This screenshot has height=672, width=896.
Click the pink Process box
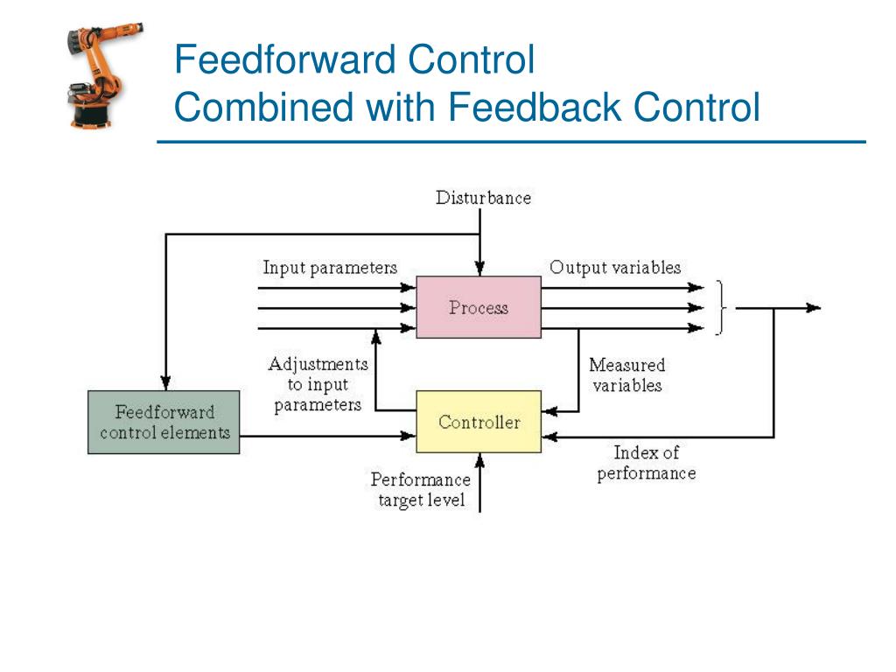click(x=478, y=307)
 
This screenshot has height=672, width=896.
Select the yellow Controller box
click(x=478, y=422)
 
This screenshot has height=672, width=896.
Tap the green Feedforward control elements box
click(x=164, y=422)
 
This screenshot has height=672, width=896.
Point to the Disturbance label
click(x=483, y=198)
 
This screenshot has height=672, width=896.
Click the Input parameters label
click(x=330, y=268)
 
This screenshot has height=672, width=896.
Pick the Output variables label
click(x=614, y=268)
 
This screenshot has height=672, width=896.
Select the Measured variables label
click(x=626, y=374)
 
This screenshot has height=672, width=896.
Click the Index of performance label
click(x=646, y=463)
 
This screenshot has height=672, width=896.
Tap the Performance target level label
click(x=420, y=490)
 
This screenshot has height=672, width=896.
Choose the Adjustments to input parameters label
click(x=318, y=384)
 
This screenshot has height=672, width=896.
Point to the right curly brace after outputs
click(x=721, y=308)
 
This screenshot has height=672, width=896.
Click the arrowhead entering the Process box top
click(x=478, y=269)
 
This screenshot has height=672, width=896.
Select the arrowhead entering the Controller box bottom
click(x=478, y=459)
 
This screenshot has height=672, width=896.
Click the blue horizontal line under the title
click(x=511, y=142)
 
